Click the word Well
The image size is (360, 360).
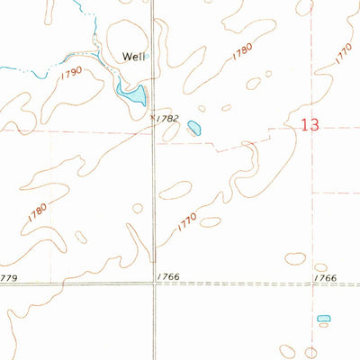click(x=133, y=56)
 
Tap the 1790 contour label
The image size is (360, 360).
click(x=73, y=69)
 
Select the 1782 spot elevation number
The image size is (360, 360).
click(x=166, y=118)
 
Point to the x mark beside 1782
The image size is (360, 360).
click(x=152, y=116)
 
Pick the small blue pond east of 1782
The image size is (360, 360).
click(x=194, y=129)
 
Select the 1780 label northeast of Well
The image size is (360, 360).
click(x=241, y=52)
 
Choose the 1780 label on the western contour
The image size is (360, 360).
click(x=37, y=213)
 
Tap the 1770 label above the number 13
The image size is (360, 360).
click(x=342, y=53)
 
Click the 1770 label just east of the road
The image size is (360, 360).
click(x=186, y=221)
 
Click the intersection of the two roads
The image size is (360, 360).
click(x=153, y=284)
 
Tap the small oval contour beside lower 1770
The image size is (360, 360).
click(x=211, y=221)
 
